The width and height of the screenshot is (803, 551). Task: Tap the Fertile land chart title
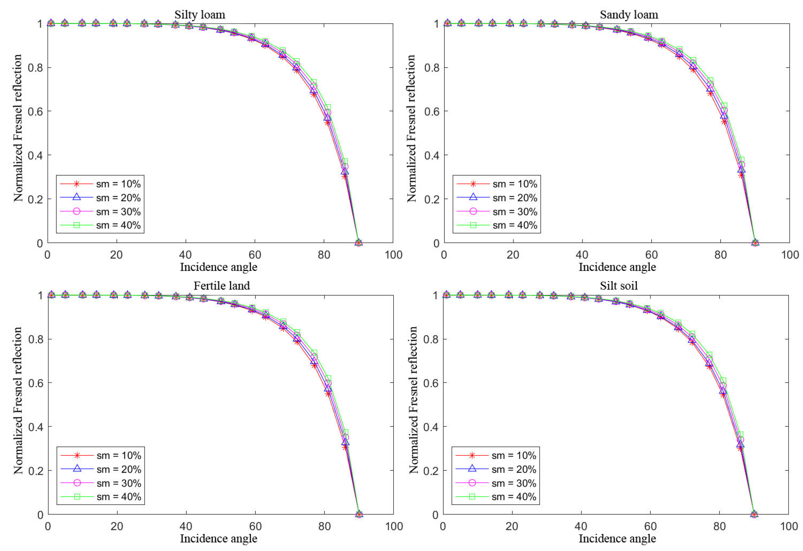221,286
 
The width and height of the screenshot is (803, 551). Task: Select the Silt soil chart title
618,286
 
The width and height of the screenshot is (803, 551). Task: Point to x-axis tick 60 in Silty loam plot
255,255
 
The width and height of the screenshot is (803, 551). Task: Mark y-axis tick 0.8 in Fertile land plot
36,339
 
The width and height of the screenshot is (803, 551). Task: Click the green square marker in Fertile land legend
77,497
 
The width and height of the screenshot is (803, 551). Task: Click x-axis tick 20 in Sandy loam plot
513,255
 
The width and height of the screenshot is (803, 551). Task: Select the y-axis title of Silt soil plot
413,400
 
